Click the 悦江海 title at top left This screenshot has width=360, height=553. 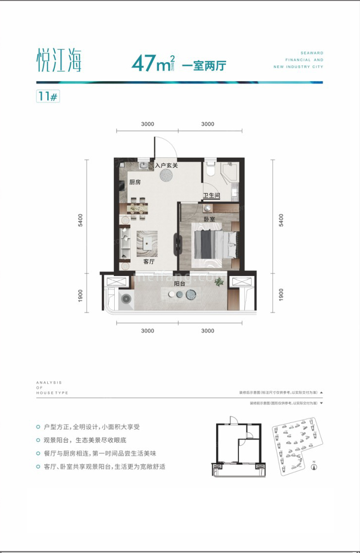59,60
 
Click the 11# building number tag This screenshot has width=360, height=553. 47,96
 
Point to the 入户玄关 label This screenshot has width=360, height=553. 166,166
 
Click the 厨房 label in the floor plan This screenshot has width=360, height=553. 135,182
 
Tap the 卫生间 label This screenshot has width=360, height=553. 212,195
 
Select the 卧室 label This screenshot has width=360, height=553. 209,219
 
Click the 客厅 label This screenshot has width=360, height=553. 149,261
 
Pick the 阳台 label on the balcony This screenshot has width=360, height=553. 179,284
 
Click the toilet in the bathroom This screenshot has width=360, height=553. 210,169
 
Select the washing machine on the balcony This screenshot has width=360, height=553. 127,299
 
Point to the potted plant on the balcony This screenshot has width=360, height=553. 219,281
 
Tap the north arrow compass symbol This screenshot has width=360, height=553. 314,467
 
